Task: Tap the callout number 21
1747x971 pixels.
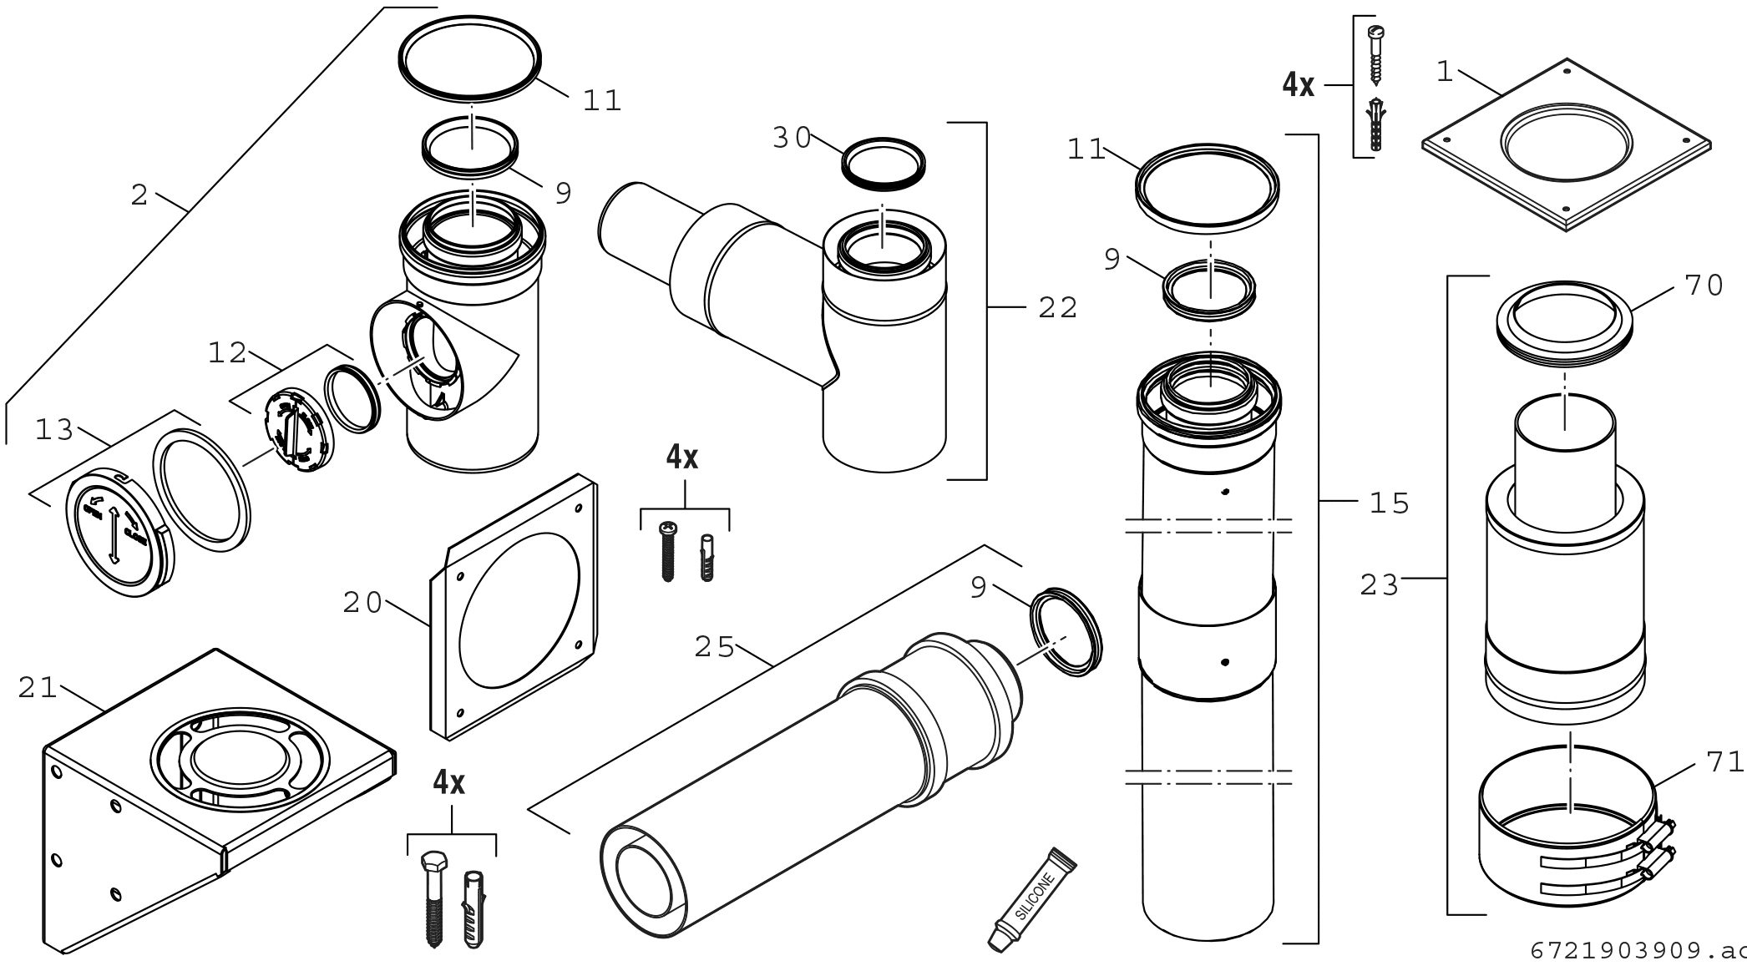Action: click(38, 689)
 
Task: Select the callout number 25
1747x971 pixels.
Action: click(715, 647)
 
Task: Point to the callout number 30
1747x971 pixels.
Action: click(792, 139)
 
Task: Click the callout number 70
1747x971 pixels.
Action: click(1704, 286)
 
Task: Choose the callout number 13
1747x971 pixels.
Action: click(55, 431)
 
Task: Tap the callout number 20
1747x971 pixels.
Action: click(362, 603)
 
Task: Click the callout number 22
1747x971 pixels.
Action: click(1058, 308)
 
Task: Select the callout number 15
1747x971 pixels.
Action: click(1390, 503)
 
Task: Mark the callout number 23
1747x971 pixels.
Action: click(1380, 585)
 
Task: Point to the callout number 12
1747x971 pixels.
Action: click(227, 353)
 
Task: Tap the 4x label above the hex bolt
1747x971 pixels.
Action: click(449, 782)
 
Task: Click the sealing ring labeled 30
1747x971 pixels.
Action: click(883, 163)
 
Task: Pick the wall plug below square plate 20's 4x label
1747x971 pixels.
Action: click(706, 557)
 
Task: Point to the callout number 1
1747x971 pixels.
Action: click(1445, 73)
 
